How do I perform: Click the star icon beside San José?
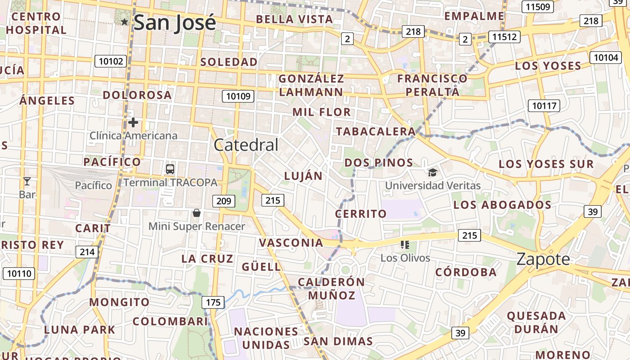pyautogui.click(x=125, y=22)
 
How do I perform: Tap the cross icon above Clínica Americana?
pyautogui.click(x=133, y=122)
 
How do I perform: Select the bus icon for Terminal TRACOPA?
pyautogui.click(x=170, y=169)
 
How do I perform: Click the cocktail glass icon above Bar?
pyautogui.click(x=27, y=181)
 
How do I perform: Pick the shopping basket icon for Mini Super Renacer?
pyautogui.click(x=196, y=213)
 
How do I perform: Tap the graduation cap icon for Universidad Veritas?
pyautogui.click(x=432, y=172)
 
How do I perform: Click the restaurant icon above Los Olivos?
pyautogui.click(x=405, y=245)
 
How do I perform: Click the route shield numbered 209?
pyautogui.click(x=224, y=201)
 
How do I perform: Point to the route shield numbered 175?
pyautogui.click(x=213, y=302)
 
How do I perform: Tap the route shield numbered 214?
pyautogui.click(x=87, y=252)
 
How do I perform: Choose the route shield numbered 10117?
pyautogui.click(x=544, y=106)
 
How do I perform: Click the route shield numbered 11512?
pyautogui.click(x=504, y=37)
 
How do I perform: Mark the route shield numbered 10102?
pyautogui.click(x=111, y=61)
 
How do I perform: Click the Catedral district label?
pyautogui.click(x=246, y=145)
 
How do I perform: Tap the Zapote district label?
pyautogui.click(x=543, y=259)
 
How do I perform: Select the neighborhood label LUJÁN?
pyautogui.click(x=303, y=176)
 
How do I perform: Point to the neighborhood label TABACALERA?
pyautogui.click(x=376, y=131)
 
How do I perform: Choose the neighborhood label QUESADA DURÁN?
pyautogui.click(x=536, y=322)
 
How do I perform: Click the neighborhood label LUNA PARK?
pyautogui.click(x=80, y=329)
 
